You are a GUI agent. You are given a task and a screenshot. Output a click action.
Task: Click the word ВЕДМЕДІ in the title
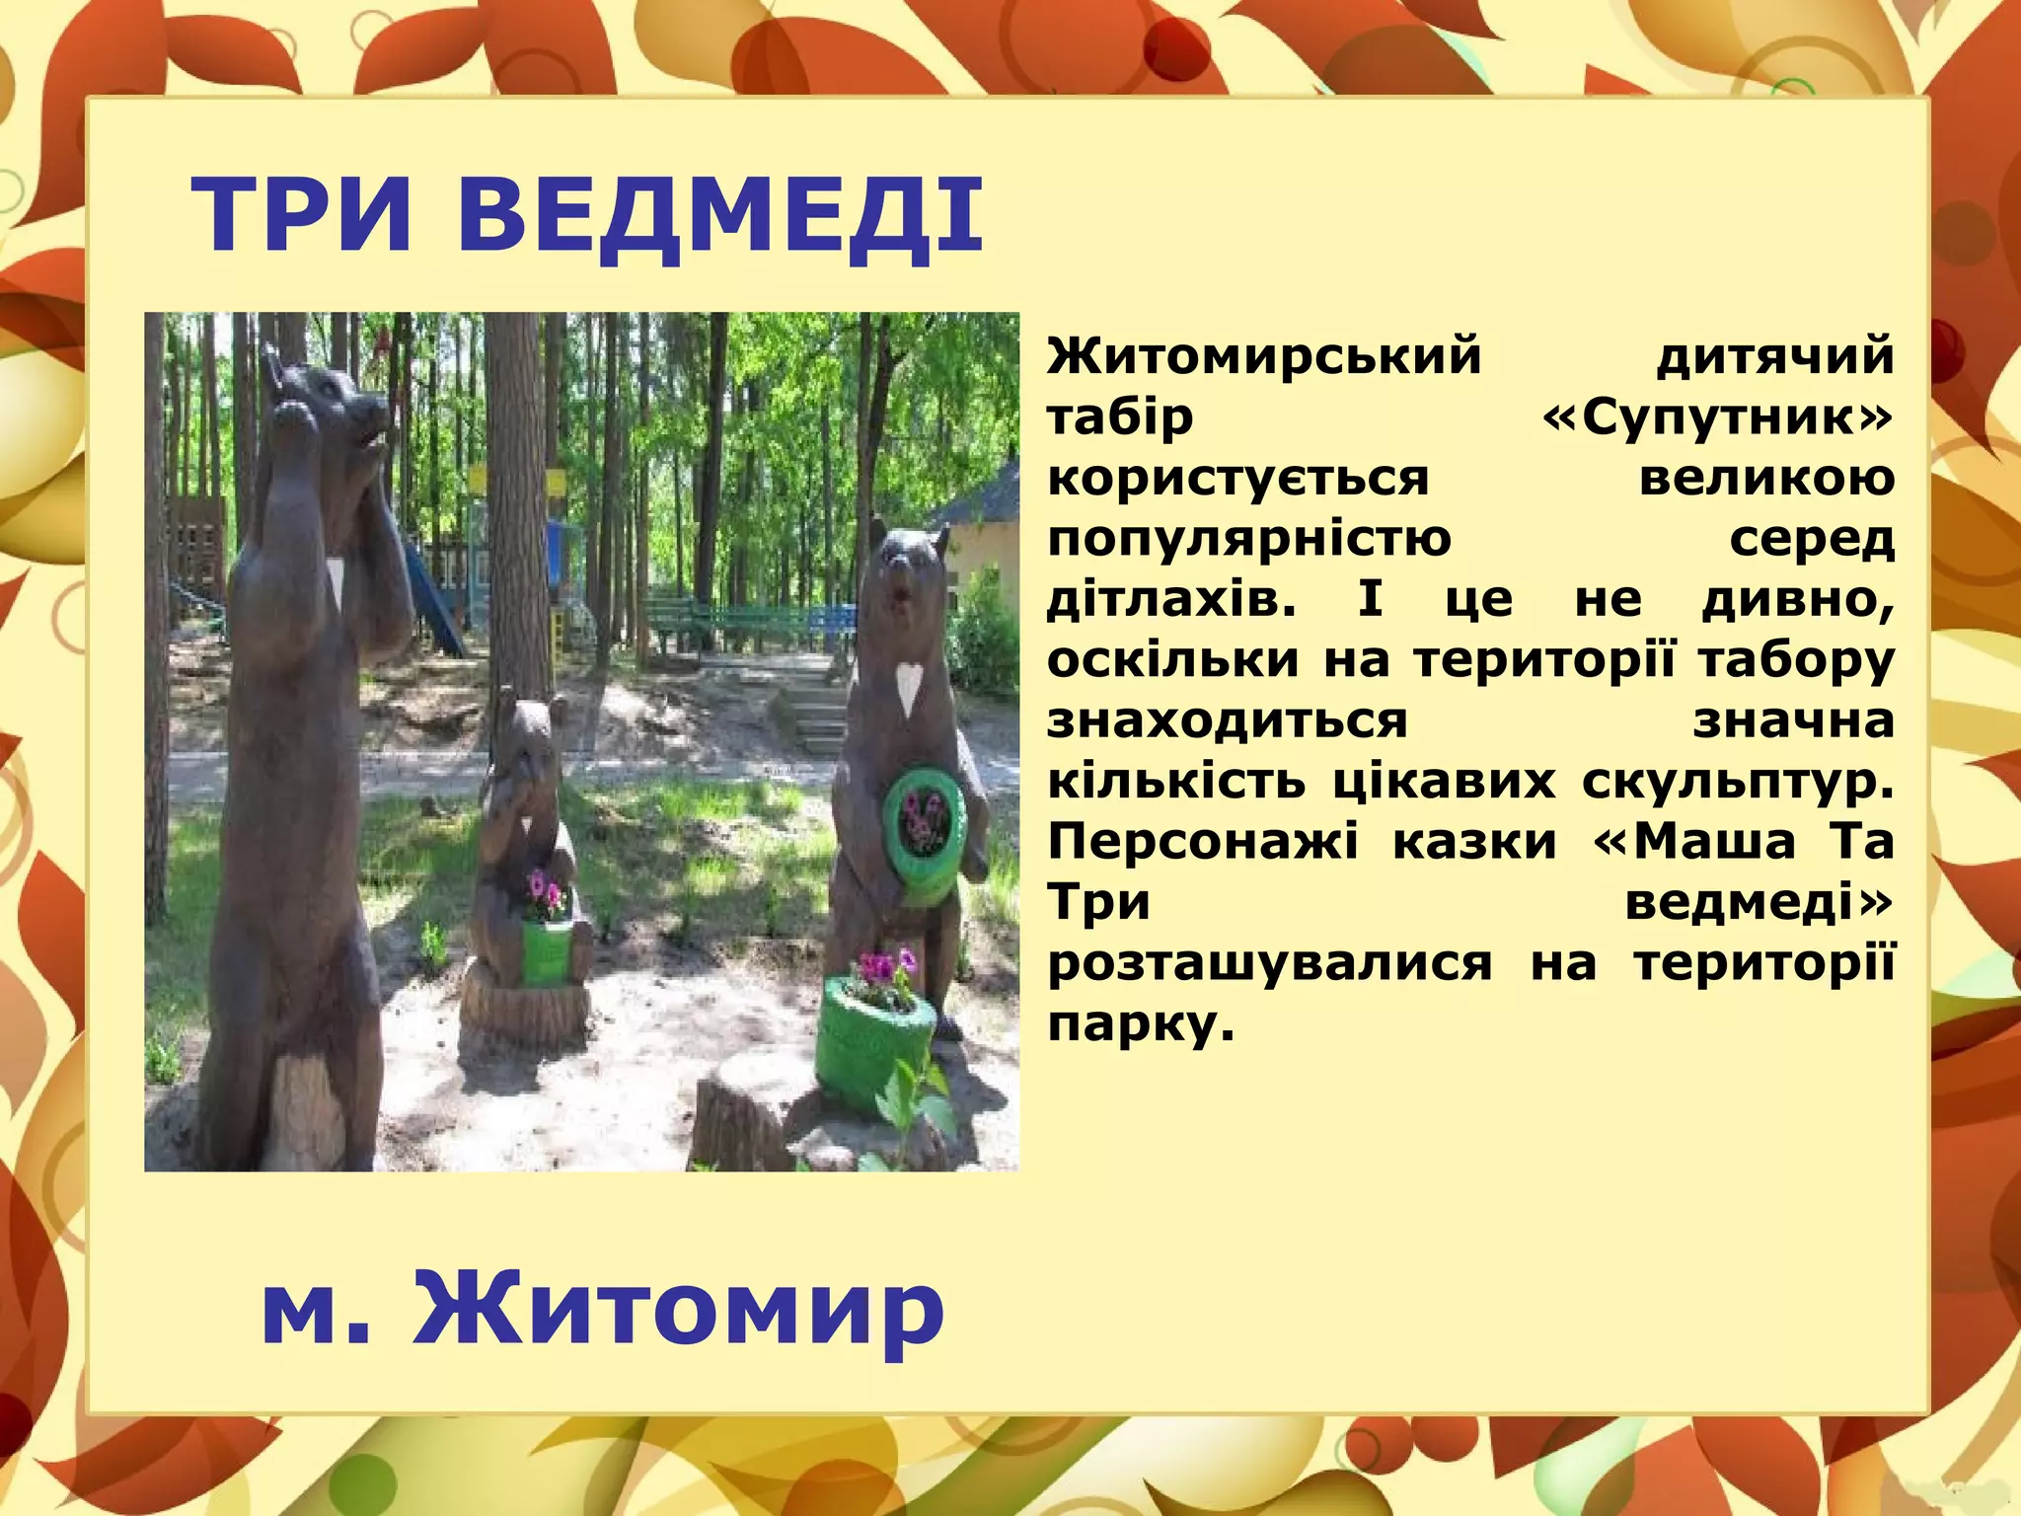[x=719, y=214]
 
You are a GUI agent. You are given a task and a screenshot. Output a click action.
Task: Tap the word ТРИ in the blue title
[x=301, y=214]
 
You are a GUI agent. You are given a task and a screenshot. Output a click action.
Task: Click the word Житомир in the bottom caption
[x=679, y=1311]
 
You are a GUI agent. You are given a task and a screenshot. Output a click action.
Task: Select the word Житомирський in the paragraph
[x=1264, y=356]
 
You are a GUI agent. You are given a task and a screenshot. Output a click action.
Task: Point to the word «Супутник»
[x=1718, y=417]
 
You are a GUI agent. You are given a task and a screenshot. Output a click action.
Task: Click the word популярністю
[x=1249, y=539]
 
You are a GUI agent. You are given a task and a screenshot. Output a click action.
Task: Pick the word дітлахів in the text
[x=1170, y=599]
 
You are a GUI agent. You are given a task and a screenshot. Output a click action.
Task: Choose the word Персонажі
[x=1203, y=842]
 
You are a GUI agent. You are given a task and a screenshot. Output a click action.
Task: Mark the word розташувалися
[x=1270, y=963]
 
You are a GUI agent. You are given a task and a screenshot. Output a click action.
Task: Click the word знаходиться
[x=1227, y=720]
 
